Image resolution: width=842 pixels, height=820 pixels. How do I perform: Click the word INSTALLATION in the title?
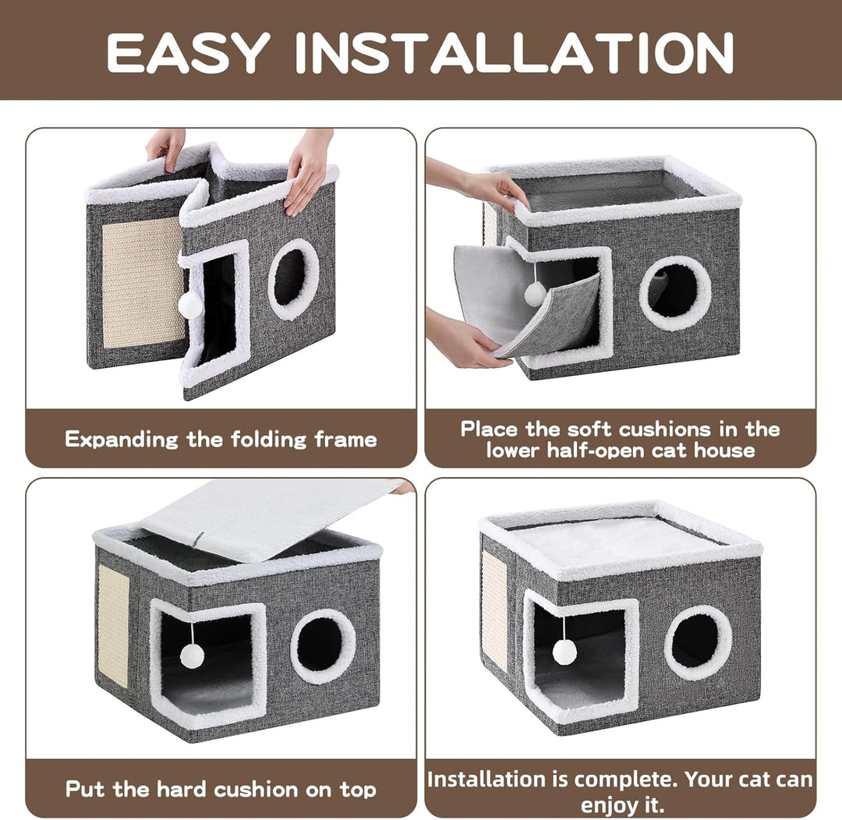click(x=515, y=52)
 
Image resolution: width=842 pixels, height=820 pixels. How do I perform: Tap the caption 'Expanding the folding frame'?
click(x=221, y=439)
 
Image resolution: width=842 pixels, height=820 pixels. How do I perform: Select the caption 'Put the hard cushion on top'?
click(x=221, y=789)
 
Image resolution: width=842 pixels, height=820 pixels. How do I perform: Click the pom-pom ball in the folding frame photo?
click(x=189, y=305)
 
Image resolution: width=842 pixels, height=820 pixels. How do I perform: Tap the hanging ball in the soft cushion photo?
click(x=535, y=294)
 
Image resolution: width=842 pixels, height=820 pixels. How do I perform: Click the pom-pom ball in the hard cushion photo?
click(x=192, y=656)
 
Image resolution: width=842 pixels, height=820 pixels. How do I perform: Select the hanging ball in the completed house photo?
click(x=564, y=652)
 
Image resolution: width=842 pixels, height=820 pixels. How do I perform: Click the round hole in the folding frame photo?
click(x=294, y=278)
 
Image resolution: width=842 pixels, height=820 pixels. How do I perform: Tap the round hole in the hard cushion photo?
click(x=323, y=646)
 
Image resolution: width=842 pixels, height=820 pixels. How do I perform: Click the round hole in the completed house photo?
click(x=699, y=642)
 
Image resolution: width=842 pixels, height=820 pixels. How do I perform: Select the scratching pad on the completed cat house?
click(x=494, y=609)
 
